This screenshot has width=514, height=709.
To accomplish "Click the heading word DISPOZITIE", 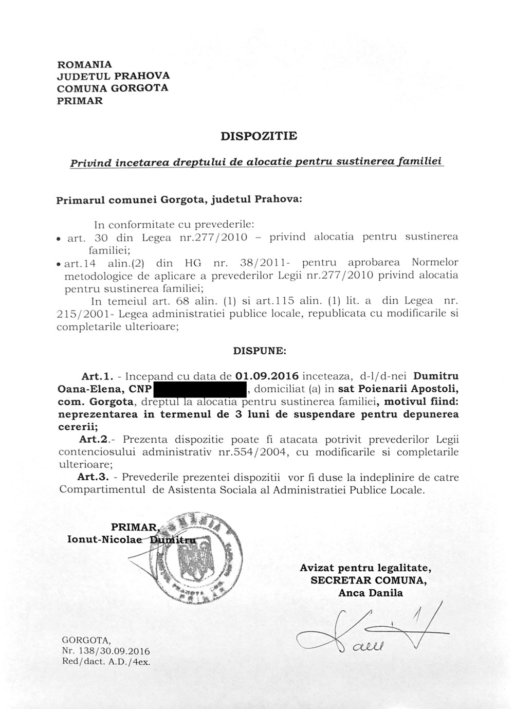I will (x=259, y=136).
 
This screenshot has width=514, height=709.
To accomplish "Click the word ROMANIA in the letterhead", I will (x=84, y=65).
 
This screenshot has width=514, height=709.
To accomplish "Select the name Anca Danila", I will (x=370, y=593).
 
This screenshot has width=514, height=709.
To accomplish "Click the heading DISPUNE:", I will (x=260, y=352).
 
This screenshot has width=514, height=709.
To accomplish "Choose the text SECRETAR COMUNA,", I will (x=368, y=580).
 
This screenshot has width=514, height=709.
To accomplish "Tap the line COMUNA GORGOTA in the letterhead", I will (x=113, y=88).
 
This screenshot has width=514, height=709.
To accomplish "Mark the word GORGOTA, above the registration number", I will (x=85, y=640).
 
